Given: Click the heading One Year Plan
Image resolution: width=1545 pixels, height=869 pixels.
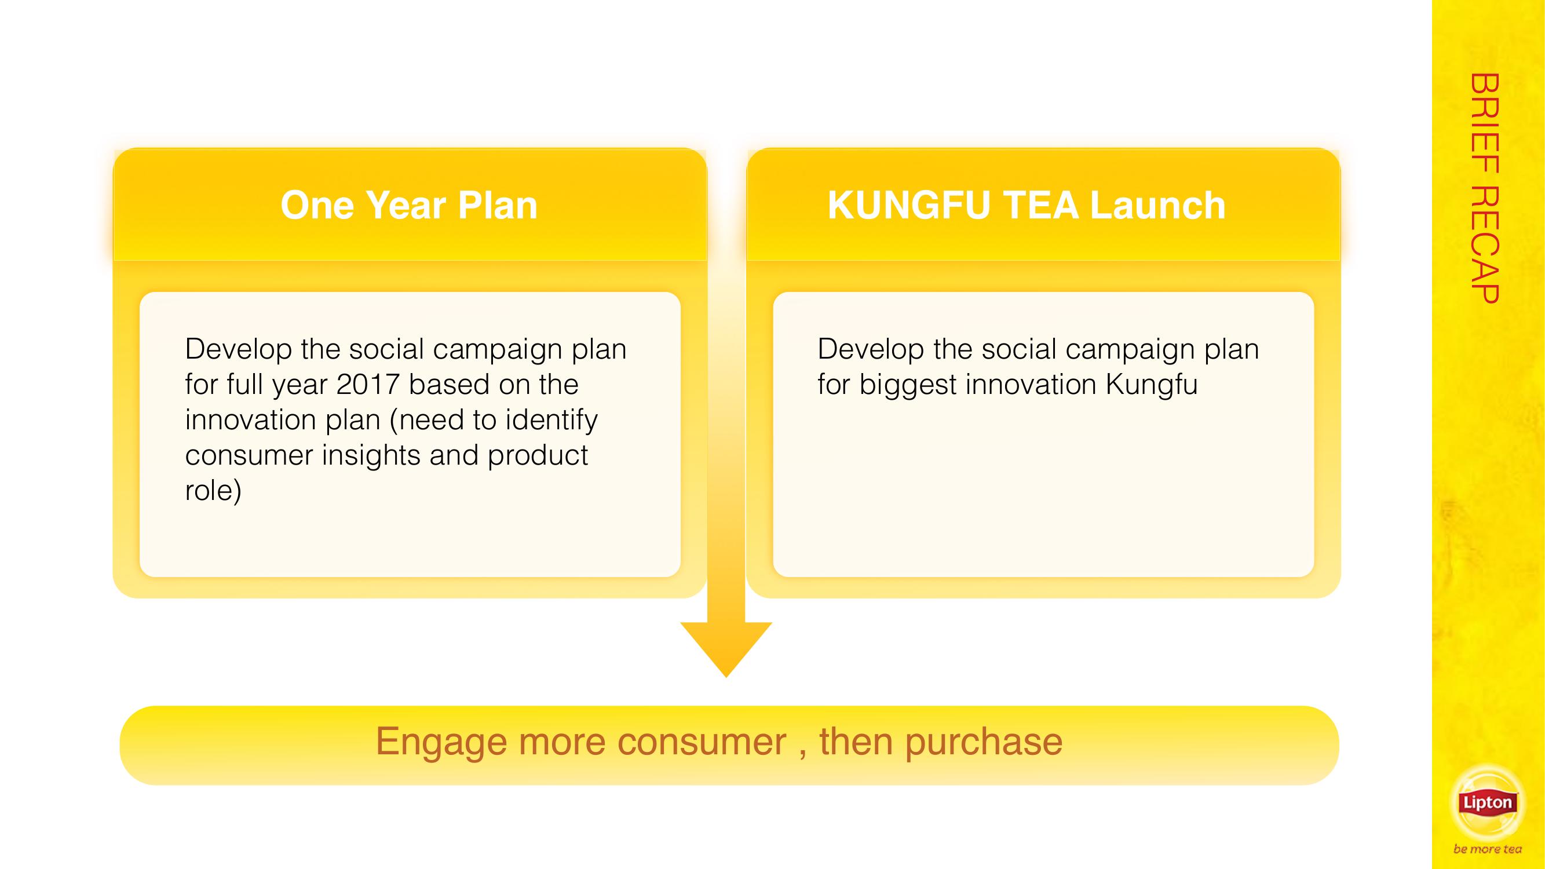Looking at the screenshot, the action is click(x=409, y=205).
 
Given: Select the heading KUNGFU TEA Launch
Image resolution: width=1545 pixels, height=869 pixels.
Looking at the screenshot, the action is click(x=1026, y=205).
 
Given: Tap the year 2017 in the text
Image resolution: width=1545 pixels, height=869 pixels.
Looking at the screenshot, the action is click(x=368, y=385).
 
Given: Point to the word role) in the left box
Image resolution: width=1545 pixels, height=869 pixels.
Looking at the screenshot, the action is click(x=214, y=491).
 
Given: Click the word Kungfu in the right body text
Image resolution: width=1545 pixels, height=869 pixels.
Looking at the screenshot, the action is click(x=1152, y=385).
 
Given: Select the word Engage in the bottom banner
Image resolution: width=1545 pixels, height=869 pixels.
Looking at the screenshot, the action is click(x=441, y=743).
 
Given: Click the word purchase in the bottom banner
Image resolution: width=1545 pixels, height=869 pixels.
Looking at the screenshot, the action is click(x=984, y=743).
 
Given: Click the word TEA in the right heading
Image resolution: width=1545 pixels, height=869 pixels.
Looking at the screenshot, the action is click(x=1040, y=205).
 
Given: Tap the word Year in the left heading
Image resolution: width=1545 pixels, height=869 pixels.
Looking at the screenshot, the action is click(x=404, y=205).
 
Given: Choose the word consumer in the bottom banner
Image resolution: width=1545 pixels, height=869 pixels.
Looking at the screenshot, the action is click(x=702, y=743).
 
